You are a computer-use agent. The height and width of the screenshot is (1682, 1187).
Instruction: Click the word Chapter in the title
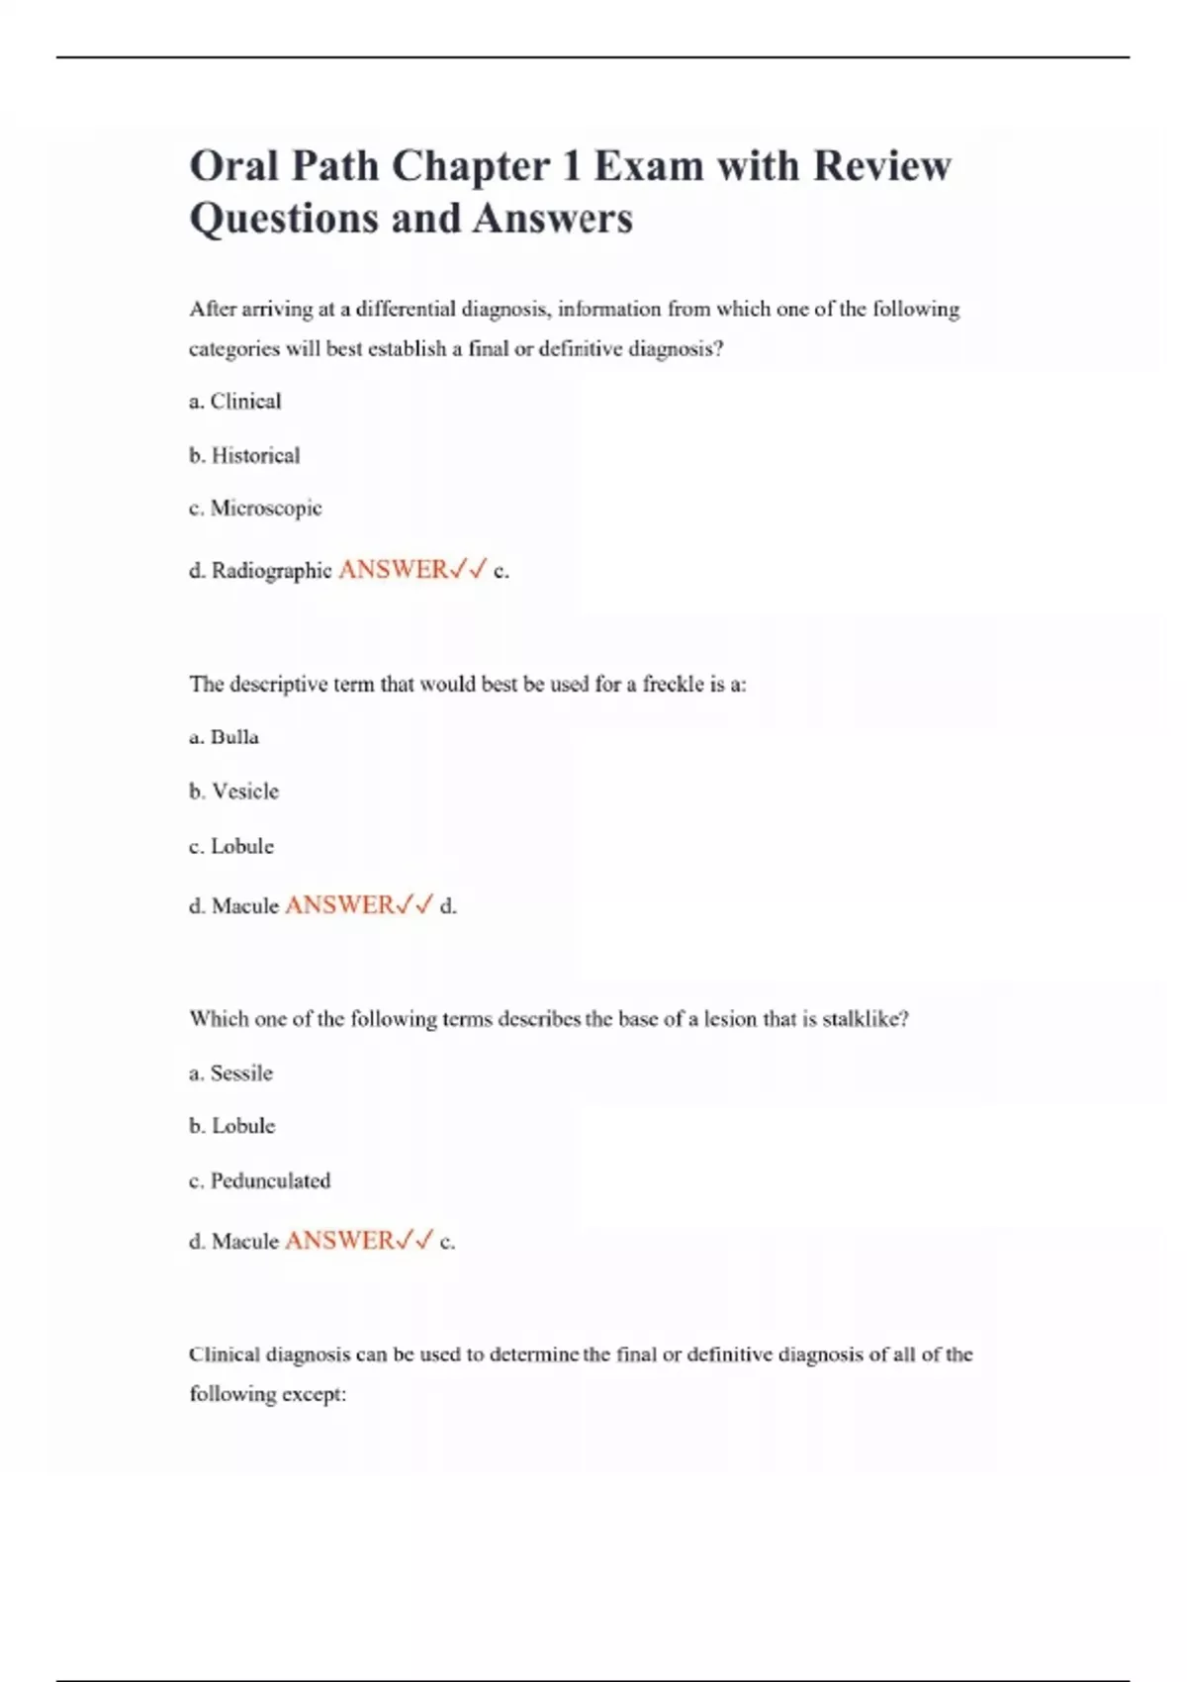tap(469, 166)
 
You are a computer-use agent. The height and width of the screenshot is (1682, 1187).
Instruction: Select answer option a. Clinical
tap(235, 402)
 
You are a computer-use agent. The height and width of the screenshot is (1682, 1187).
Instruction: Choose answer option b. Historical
tap(244, 456)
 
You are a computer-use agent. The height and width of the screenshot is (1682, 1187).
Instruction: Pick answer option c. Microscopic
tap(255, 509)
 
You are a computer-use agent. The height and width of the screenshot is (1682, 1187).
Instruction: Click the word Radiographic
tap(271, 571)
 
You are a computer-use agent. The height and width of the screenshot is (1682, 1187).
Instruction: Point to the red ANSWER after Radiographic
tap(393, 570)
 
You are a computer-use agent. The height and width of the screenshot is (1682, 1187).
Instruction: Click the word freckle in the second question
tap(673, 685)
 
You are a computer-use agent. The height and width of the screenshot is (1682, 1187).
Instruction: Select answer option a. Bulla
tap(225, 737)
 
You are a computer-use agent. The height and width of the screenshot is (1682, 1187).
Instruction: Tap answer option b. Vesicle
tap(234, 792)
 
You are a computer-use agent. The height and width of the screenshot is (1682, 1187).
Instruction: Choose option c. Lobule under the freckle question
tap(231, 847)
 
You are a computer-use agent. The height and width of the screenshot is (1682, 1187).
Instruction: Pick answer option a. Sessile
tap(231, 1074)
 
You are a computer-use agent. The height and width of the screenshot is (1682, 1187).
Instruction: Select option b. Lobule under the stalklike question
tap(232, 1126)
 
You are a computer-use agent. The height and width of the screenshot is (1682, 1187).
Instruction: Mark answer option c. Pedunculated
tap(260, 1181)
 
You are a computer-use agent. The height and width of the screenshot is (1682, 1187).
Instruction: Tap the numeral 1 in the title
tap(571, 166)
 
